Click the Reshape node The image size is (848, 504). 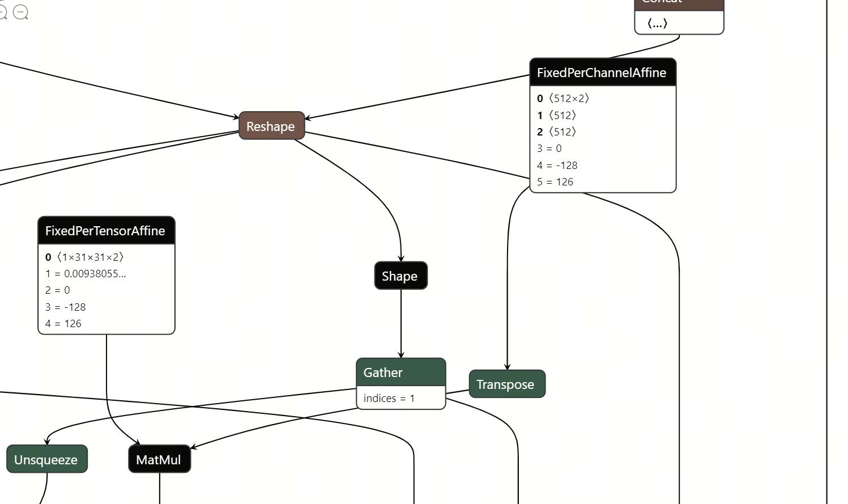(271, 126)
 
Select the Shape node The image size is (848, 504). (400, 276)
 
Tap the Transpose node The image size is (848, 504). (506, 384)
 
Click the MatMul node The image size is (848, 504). (159, 459)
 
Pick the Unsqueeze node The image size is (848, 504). (46, 459)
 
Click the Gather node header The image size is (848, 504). (400, 372)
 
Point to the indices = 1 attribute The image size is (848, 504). (389, 398)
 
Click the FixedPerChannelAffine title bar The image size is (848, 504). (602, 73)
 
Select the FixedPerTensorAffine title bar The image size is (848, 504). (106, 231)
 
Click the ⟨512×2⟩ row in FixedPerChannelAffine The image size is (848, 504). (564, 98)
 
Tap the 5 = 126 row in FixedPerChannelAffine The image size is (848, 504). (555, 182)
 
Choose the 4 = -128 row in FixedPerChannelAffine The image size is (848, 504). (557, 165)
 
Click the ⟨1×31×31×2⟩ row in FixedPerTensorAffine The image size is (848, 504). (85, 257)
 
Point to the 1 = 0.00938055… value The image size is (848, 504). (86, 273)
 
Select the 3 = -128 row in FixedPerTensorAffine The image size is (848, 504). (66, 307)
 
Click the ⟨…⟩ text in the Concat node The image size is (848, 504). (658, 23)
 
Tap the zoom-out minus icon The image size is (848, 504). (20, 12)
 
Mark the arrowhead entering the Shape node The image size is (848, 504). (401, 259)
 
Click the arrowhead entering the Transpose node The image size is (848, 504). (507, 367)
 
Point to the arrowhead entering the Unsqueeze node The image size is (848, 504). (48, 442)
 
